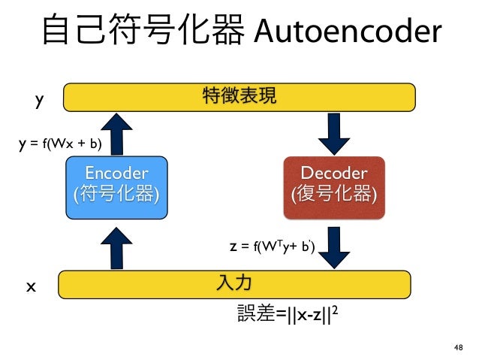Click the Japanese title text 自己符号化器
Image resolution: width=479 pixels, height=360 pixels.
coord(143,32)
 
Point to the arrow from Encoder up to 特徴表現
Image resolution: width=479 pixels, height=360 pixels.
coord(116,131)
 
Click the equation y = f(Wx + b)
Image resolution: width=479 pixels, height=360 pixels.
coord(60,143)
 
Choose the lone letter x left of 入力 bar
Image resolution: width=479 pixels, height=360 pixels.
coord(32,286)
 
